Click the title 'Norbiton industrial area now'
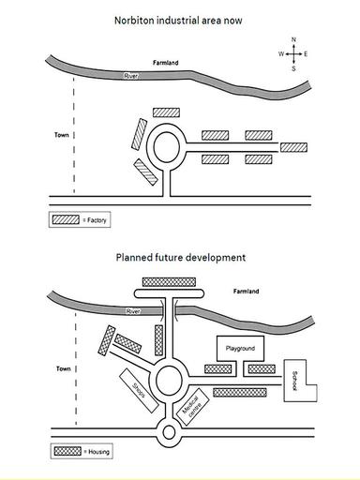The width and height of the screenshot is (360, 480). tap(178, 21)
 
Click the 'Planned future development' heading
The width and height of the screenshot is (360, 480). tap(181, 258)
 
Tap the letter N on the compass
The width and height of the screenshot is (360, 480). tap(293, 39)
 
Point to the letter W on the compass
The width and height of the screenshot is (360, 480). tap(281, 54)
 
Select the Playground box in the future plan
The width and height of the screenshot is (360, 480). tap(240, 348)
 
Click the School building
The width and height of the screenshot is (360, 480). tap(294, 381)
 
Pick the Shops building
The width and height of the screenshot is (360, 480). tap(139, 391)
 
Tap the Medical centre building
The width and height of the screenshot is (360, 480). tap(193, 406)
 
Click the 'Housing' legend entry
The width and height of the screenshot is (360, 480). tap(82, 452)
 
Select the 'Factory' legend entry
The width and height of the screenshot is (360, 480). tap(80, 220)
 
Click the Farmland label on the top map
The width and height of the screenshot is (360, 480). tap(166, 63)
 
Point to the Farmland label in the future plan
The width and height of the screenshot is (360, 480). tap(246, 292)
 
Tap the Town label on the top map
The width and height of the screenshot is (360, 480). tap(62, 135)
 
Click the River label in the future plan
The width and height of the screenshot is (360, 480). tap(133, 311)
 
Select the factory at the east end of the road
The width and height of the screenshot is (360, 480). tap(293, 147)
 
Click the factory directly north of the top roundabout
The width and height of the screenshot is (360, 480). tap(166, 112)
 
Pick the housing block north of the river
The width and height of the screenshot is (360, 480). tap(169, 282)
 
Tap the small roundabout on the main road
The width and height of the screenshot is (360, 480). tap(169, 433)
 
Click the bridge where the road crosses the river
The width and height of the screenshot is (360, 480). tap(169, 309)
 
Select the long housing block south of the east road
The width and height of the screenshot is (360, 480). tap(240, 393)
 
